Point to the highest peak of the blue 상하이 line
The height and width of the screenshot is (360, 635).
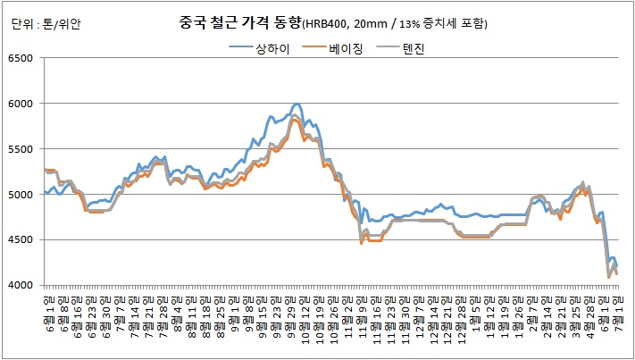pyautogui.click(x=297, y=105)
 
